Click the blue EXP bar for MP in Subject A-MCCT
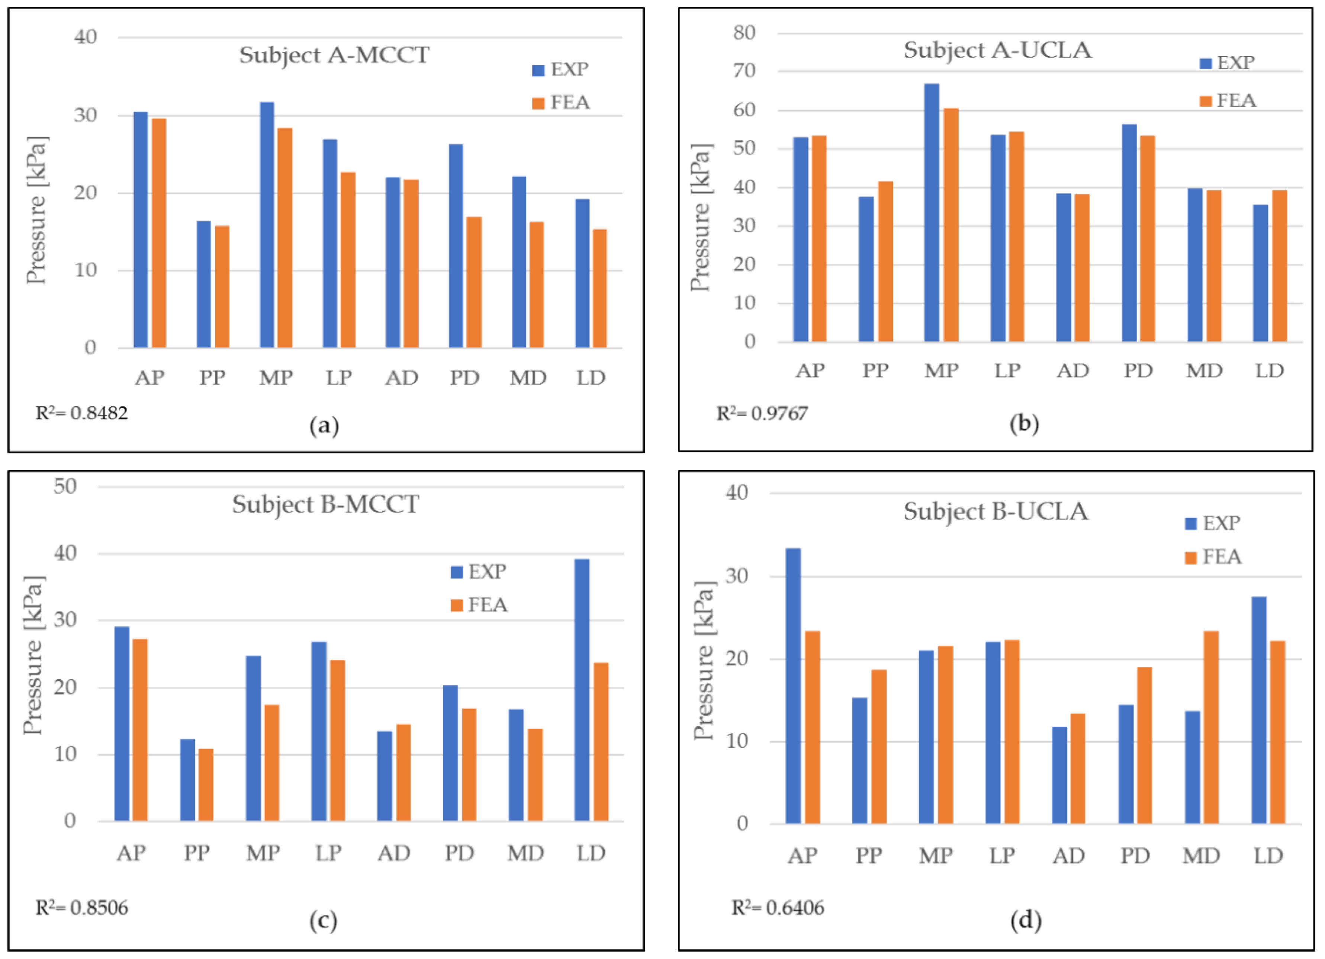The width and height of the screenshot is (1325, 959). [267, 225]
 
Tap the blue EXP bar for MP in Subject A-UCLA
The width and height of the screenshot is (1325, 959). [932, 213]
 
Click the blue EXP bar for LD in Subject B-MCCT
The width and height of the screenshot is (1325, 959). [582, 690]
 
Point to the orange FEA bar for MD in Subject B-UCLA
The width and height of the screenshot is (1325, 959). [1211, 728]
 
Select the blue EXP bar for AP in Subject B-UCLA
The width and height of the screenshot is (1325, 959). [793, 686]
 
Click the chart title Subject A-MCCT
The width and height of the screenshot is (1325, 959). [334, 55]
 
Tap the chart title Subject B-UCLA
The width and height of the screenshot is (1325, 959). [996, 512]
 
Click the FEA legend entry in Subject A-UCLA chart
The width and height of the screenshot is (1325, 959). [1228, 100]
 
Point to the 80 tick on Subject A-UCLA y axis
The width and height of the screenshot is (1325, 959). [744, 33]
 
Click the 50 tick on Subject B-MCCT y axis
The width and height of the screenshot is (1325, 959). [65, 486]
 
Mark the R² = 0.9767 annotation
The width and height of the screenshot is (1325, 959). [762, 413]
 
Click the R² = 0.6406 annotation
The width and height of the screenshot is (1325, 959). [778, 908]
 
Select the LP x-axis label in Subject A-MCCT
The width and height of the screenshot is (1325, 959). [339, 378]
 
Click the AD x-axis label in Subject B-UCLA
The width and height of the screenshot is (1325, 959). [1068, 856]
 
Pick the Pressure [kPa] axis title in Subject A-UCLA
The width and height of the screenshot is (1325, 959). [701, 217]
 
